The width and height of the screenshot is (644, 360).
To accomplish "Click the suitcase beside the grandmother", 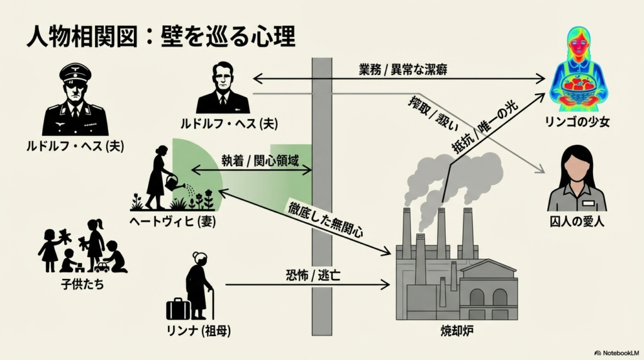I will coord(178,308).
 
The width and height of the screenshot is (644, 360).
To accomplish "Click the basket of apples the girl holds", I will coord(578,84).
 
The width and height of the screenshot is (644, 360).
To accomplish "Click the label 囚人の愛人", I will coord(577,222).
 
